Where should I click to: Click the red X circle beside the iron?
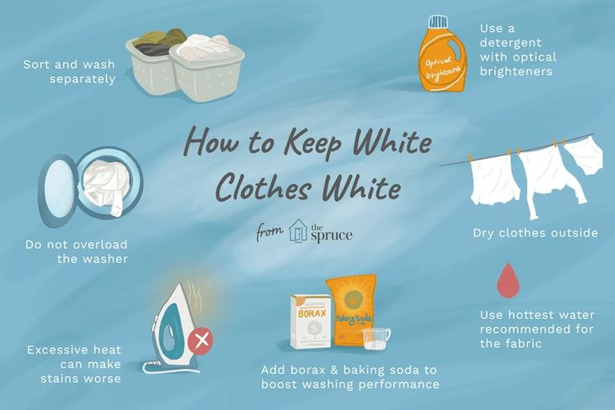[x=200, y=340]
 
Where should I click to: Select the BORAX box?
[x=311, y=322]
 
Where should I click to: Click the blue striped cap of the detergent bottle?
[x=439, y=22]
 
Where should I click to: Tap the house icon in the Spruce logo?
[x=298, y=230]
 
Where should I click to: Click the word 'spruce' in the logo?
[x=332, y=236]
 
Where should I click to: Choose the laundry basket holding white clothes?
[x=207, y=68]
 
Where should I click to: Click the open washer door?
[x=57, y=190]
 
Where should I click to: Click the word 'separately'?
[x=82, y=79]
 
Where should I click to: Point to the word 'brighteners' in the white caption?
[x=512, y=71]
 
